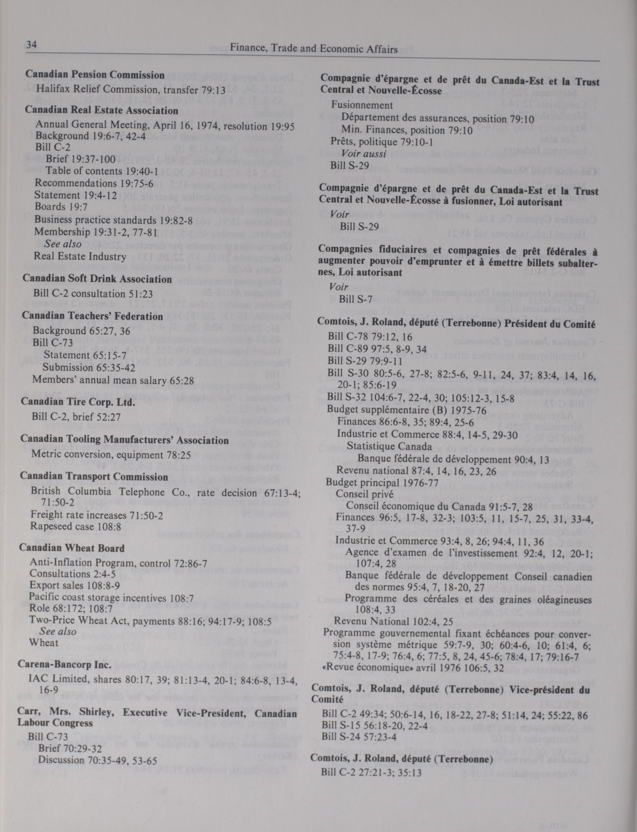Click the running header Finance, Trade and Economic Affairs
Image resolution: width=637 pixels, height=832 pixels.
tap(314, 49)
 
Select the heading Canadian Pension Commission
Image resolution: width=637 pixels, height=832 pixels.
tap(95, 75)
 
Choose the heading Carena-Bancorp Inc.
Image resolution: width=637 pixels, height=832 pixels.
tap(64, 665)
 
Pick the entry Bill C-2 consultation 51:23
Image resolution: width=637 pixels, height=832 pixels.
tap(93, 294)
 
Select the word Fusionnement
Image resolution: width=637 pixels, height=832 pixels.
tap(362, 105)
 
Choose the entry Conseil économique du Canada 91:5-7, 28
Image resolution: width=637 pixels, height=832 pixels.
tap(439, 506)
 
